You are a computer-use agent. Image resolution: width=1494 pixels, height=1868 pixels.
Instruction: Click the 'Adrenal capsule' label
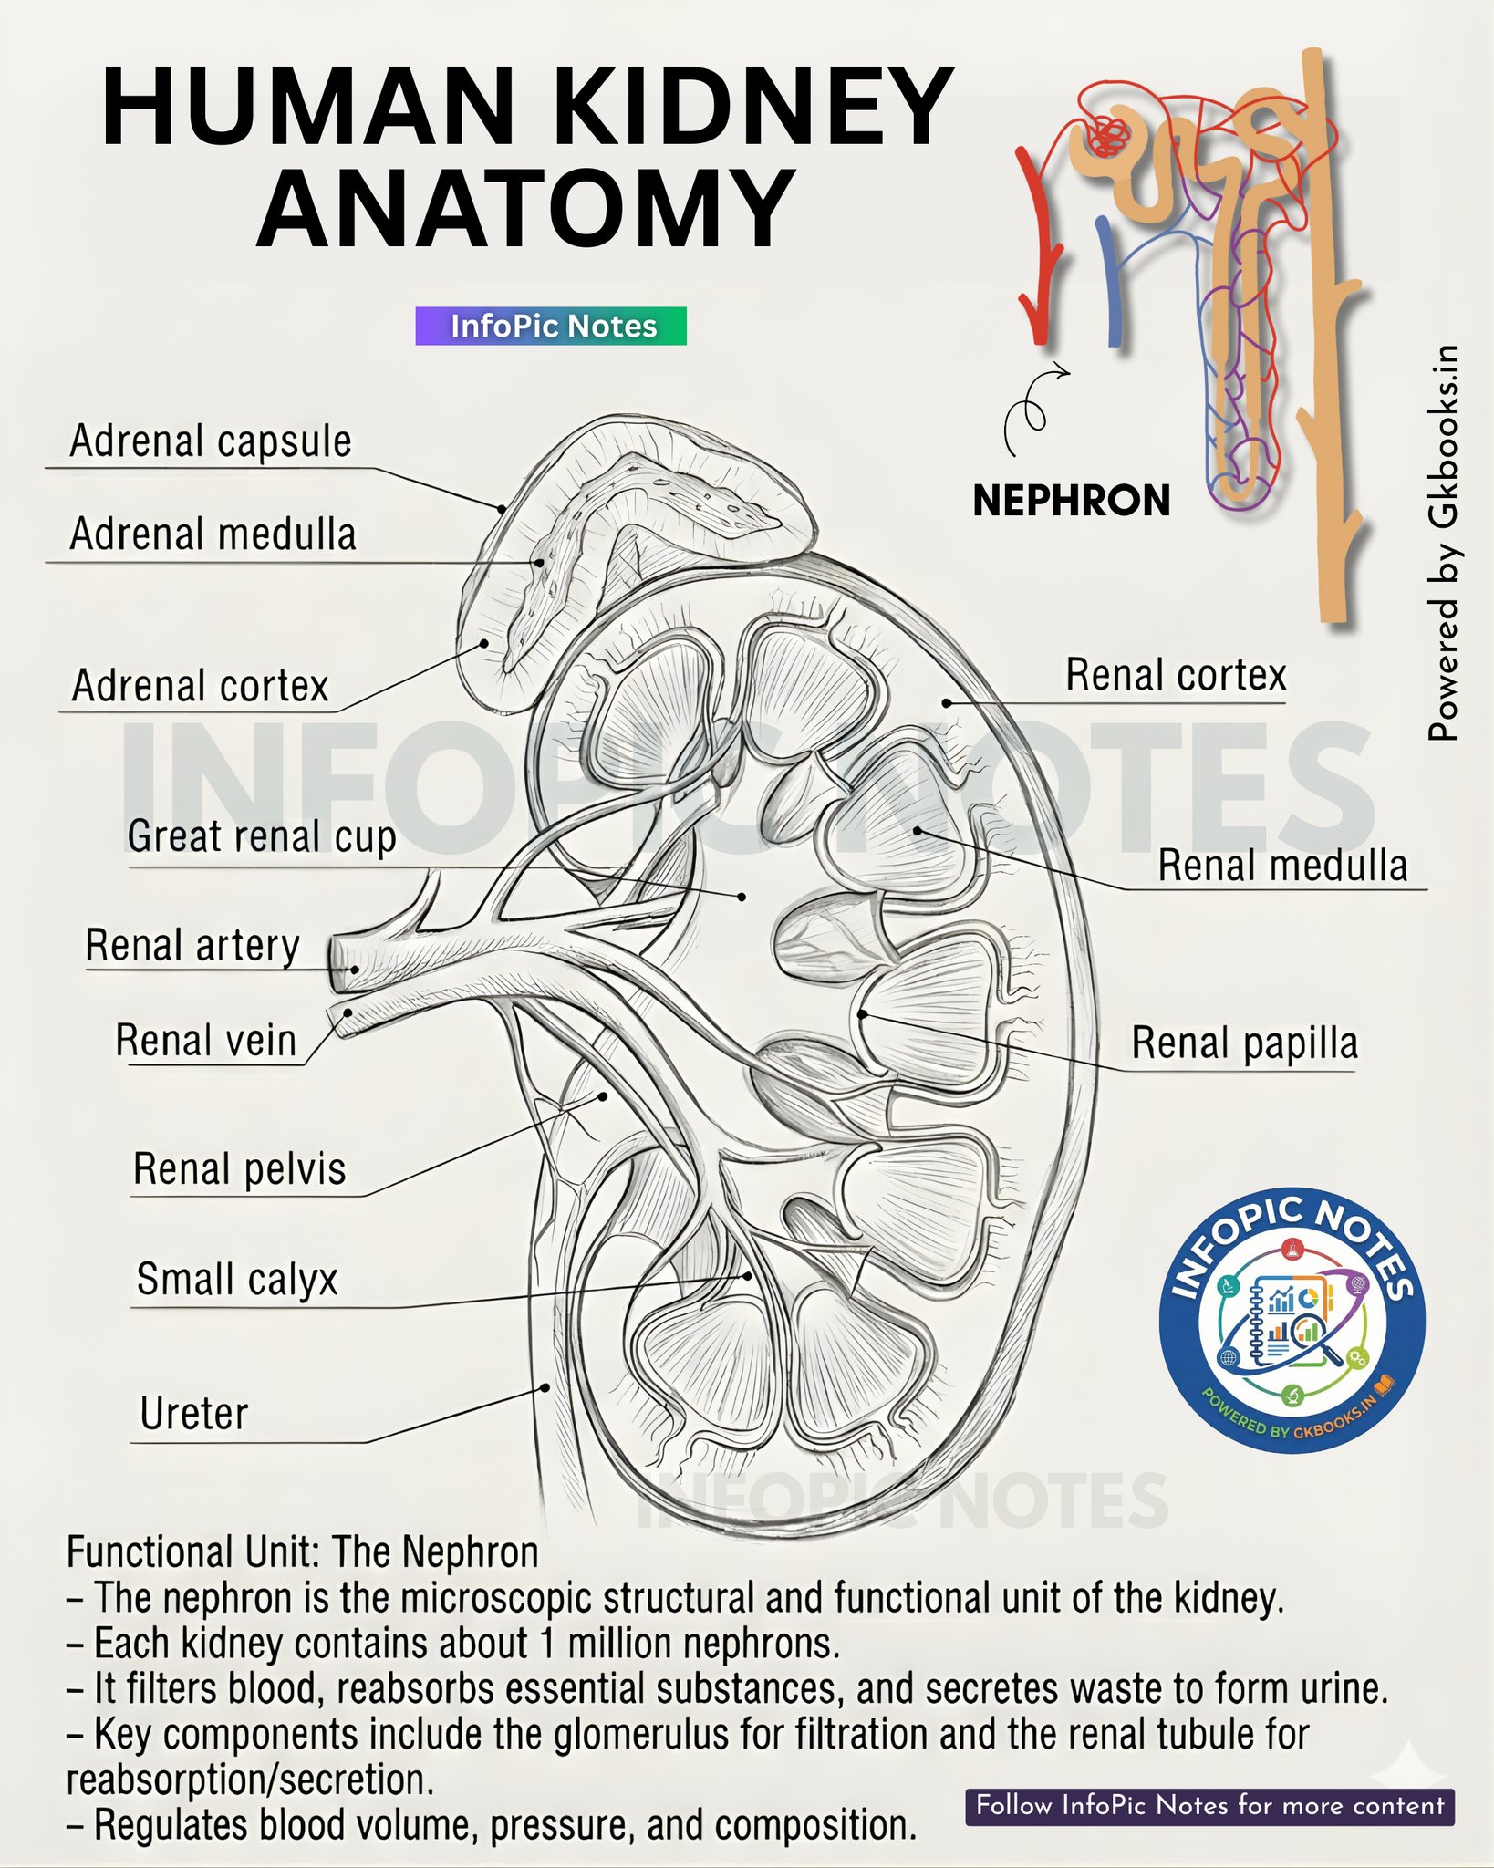[x=211, y=441]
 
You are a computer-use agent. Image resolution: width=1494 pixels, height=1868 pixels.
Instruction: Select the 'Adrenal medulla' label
[x=213, y=534]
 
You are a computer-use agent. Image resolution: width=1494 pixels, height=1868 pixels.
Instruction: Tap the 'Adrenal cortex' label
[x=200, y=686]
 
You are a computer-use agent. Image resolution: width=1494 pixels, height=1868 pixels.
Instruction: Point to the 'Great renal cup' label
[x=262, y=837]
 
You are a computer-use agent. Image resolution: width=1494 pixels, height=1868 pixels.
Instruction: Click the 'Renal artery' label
[x=192, y=946]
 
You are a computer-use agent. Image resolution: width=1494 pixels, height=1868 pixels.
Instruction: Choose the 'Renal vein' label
[x=206, y=1041]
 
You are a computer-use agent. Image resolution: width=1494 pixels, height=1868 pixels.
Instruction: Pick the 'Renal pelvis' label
[x=240, y=1169]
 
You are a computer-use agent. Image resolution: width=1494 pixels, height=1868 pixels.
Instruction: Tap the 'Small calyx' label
[x=237, y=1280]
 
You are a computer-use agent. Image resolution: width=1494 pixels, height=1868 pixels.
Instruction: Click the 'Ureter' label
[x=194, y=1414]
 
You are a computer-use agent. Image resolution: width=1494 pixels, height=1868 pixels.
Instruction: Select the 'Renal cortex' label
[x=1177, y=676]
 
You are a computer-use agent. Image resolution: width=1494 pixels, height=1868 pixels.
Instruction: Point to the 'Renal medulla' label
[x=1283, y=866]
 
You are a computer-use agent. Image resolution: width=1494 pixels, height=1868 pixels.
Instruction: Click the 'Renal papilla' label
[x=1245, y=1043]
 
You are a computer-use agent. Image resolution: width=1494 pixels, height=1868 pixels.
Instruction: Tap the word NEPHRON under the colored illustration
[x=1072, y=501]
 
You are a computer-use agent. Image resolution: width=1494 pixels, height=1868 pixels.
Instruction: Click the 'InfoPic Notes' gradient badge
[x=551, y=326]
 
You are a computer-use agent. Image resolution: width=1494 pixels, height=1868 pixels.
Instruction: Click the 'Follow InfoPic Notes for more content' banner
[x=1209, y=1805]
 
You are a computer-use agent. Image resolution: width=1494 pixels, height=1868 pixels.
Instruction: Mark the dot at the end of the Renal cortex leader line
[x=948, y=703]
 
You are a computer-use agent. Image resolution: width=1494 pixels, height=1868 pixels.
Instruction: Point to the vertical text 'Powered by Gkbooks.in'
[x=1443, y=543]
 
